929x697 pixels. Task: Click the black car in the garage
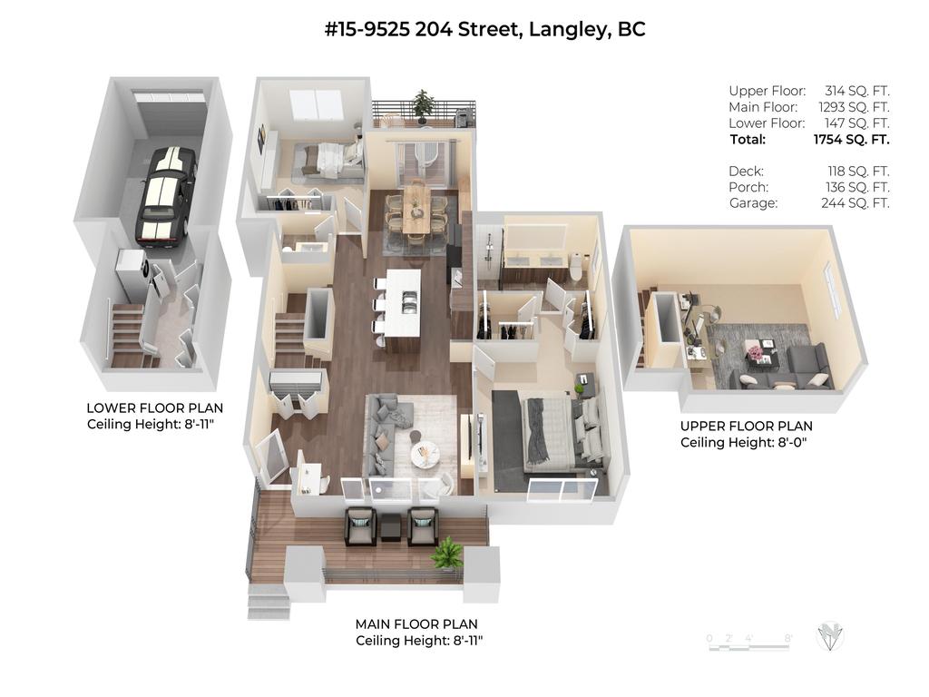click(x=165, y=196)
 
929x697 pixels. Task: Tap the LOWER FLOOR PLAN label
click(x=154, y=408)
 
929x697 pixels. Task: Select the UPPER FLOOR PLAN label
click(x=747, y=427)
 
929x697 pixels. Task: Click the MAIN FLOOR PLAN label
click(x=416, y=624)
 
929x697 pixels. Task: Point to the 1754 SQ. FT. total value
click(x=851, y=139)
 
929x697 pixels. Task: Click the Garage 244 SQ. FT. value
click(x=855, y=203)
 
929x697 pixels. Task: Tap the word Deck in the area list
click(x=746, y=172)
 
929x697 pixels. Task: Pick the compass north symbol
click(x=829, y=636)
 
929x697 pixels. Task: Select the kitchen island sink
click(x=408, y=302)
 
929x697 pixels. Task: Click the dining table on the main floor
click(x=416, y=210)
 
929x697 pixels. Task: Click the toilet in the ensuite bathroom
click(x=575, y=268)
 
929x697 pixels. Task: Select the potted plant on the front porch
click(x=448, y=553)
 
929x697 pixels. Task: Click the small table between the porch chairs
click(x=391, y=527)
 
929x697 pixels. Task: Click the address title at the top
click(x=484, y=28)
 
